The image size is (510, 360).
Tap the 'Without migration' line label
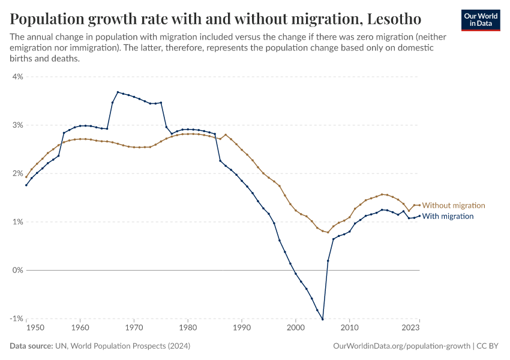point(454,206)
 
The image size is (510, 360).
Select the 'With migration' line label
point(448,216)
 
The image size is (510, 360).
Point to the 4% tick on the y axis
point(17,77)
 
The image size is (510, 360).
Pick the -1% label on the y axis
point(16,319)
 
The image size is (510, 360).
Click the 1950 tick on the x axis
point(35,328)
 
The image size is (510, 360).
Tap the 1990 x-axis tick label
point(241,328)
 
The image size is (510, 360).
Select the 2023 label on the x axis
point(411,328)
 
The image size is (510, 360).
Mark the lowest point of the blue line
point(323,319)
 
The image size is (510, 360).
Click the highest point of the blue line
point(118,92)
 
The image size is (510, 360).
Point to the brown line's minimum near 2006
point(328,232)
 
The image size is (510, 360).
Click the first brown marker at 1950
point(26,177)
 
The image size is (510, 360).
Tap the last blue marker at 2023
point(419,216)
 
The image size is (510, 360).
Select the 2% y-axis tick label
point(17,174)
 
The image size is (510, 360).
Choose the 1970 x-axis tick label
point(134,328)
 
